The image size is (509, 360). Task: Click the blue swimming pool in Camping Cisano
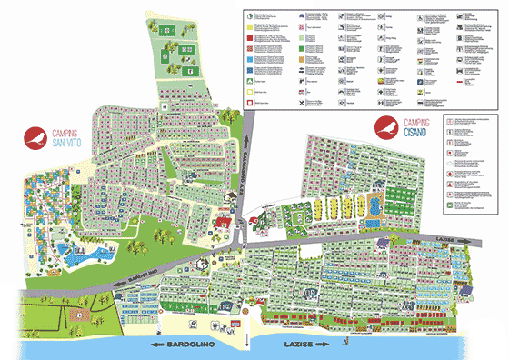tap(372, 207)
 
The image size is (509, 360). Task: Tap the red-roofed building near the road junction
tap(222, 223)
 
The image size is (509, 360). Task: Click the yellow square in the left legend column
tap(251, 81)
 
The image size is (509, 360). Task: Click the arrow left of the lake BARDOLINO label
tap(161, 345)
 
